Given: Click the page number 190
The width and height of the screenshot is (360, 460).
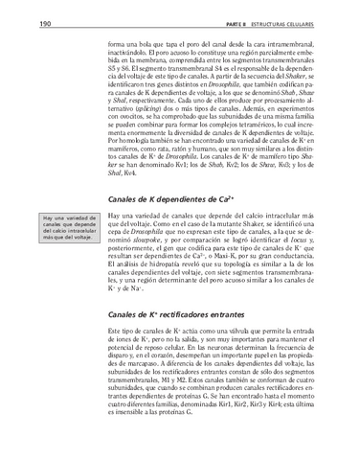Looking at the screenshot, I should point(20,23).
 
